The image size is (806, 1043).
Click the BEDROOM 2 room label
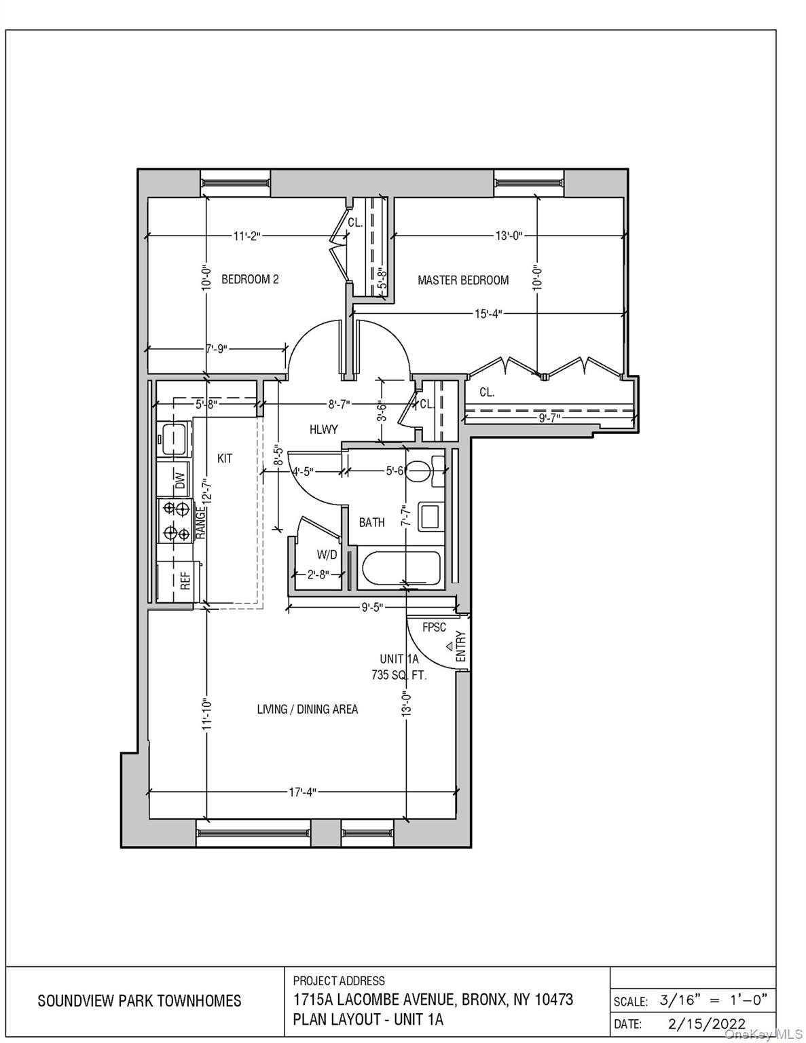pos(250,279)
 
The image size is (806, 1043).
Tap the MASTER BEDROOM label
pos(463,280)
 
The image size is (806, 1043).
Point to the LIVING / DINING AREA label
pos(307,710)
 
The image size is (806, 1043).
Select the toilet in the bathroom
pos(422,470)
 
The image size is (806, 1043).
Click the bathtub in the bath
pos(401,568)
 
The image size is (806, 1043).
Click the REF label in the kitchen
pos(185,581)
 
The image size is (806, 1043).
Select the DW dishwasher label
pos(180,481)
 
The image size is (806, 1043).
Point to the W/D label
pos(327,555)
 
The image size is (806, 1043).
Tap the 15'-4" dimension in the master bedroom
pos(488,314)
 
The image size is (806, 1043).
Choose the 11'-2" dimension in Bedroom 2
pos(246,236)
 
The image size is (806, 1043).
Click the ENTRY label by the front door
pos(460,646)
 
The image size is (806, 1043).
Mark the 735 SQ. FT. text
pos(399,675)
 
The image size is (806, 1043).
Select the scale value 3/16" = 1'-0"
pos(713,1000)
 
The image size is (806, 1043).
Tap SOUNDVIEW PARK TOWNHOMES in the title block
pos(139,1001)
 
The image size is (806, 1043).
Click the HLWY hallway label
pos(323,429)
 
